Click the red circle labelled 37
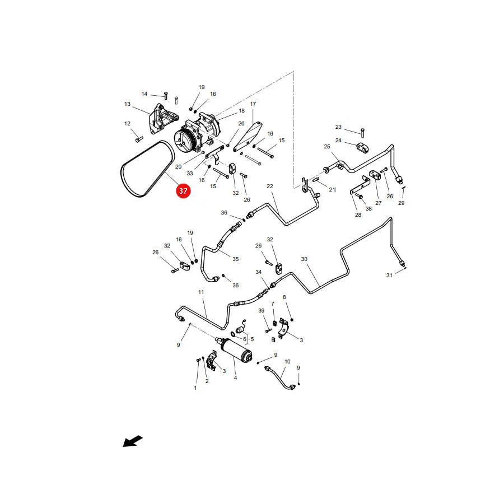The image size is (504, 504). [183, 191]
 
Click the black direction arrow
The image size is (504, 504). [133, 441]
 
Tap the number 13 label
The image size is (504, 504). [127, 104]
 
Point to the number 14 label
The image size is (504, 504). [144, 94]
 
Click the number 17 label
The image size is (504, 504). [253, 104]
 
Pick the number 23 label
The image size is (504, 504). [338, 127]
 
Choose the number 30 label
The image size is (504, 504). [304, 259]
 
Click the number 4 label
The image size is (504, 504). [235, 378]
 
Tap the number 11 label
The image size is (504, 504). [201, 292]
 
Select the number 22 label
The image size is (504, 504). [270, 186]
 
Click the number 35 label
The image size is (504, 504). [236, 259]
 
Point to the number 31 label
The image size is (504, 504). [389, 276]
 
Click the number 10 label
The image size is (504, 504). [287, 362]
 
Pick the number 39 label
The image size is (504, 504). [262, 311]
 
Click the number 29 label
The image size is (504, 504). [401, 203]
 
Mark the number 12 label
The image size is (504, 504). [127, 123]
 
